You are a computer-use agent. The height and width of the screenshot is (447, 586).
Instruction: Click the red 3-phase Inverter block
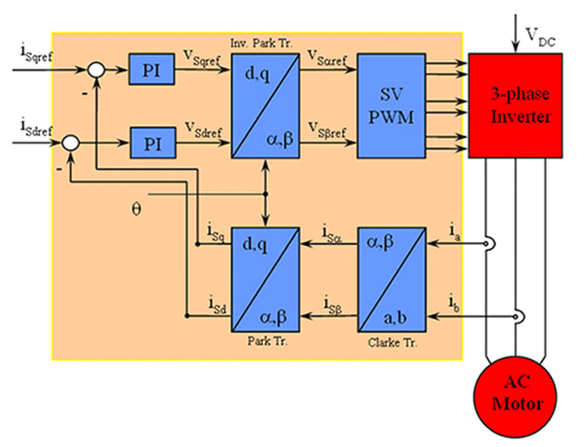pyautogui.click(x=514, y=106)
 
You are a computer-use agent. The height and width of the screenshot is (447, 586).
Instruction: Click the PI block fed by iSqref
pyautogui.click(x=151, y=69)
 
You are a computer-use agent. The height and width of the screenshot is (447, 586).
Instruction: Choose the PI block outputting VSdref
pyautogui.click(x=151, y=143)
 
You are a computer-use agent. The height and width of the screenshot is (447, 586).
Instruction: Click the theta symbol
pyautogui.click(x=137, y=208)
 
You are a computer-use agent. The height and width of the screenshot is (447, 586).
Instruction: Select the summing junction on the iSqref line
pyautogui.click(x=96, y=69)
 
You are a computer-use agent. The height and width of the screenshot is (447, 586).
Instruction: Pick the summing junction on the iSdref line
pyautogui.click(x=71, y=143)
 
